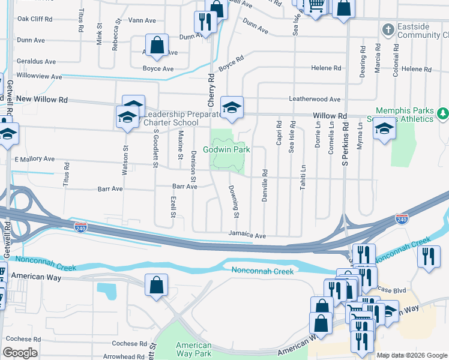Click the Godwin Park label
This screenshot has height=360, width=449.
[x=227, y=149]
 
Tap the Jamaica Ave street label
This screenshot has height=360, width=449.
[x=247, y=236]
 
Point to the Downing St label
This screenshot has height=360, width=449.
[x=235, y=202]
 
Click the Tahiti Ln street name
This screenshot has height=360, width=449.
[x=303, y=178]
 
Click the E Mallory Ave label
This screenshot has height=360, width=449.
[x=34, y=160]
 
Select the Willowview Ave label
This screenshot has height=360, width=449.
[x=40, y=77]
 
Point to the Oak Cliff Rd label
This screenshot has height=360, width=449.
[x=34, y=19]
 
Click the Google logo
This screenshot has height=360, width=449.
[x=20, y=353]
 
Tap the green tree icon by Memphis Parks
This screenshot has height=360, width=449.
[x=442, y=113]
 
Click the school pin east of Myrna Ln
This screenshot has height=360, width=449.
[x=384, y=128]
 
